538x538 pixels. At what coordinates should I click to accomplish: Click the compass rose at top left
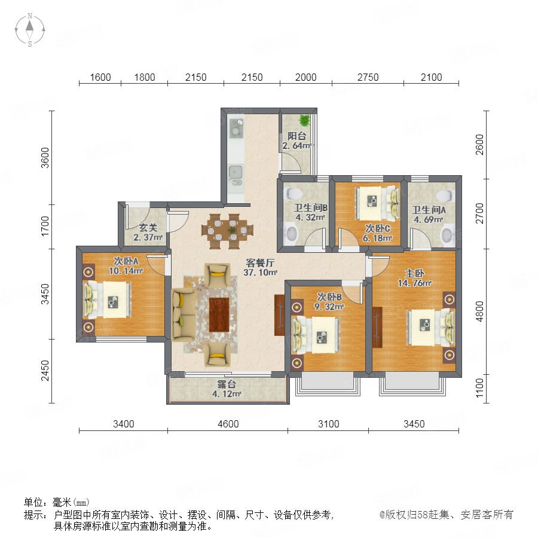[30, 29]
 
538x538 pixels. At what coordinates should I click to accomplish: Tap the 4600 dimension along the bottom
[228, 424]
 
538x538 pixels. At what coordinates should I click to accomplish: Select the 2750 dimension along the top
[368, 77]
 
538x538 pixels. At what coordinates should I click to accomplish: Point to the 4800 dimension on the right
[479, 311]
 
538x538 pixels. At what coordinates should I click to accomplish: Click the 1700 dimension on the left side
[45, 226]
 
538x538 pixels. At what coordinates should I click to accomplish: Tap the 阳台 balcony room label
[296, 136]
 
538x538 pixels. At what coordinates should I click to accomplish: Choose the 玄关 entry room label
[148, 228]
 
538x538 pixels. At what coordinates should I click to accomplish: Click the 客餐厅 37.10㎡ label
[261, 268]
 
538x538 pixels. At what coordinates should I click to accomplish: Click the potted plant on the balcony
[304, 120]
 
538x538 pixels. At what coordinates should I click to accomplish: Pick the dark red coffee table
[219, 314]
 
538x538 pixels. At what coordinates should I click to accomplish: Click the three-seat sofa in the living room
[184, 315]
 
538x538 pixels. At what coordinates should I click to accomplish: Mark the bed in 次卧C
[377, 203]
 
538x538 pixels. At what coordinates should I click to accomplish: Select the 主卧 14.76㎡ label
[414, 278]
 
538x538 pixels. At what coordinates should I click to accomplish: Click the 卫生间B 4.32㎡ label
[310, 212]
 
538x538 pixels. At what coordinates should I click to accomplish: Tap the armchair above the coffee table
[217, 274]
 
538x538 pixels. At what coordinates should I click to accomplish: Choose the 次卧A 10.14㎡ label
[126, 266]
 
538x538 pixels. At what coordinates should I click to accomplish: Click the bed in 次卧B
[316, 335]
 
